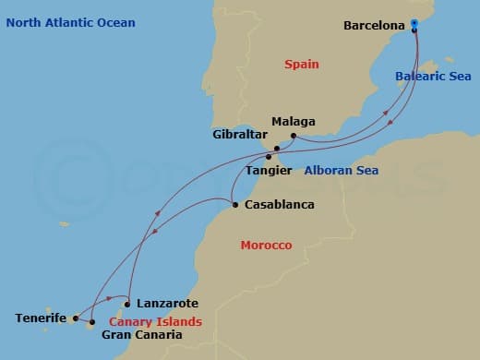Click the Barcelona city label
(374, 26)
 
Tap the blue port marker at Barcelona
(414, 25)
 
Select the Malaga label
(294, 122)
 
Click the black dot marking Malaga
(293, 137)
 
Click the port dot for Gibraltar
(274, 147)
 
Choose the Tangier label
(270, 171)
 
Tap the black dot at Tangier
(268, 157)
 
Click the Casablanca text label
(280, 205)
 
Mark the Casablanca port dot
(235, 205)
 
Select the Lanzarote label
(166, 303)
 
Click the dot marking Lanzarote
(127, 304)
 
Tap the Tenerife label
(41, 318)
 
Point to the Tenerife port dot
(75, 318)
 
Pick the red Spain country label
(301, 65)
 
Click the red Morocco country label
(266, 246)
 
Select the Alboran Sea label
(342, 171)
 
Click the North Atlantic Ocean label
(70, 22)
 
